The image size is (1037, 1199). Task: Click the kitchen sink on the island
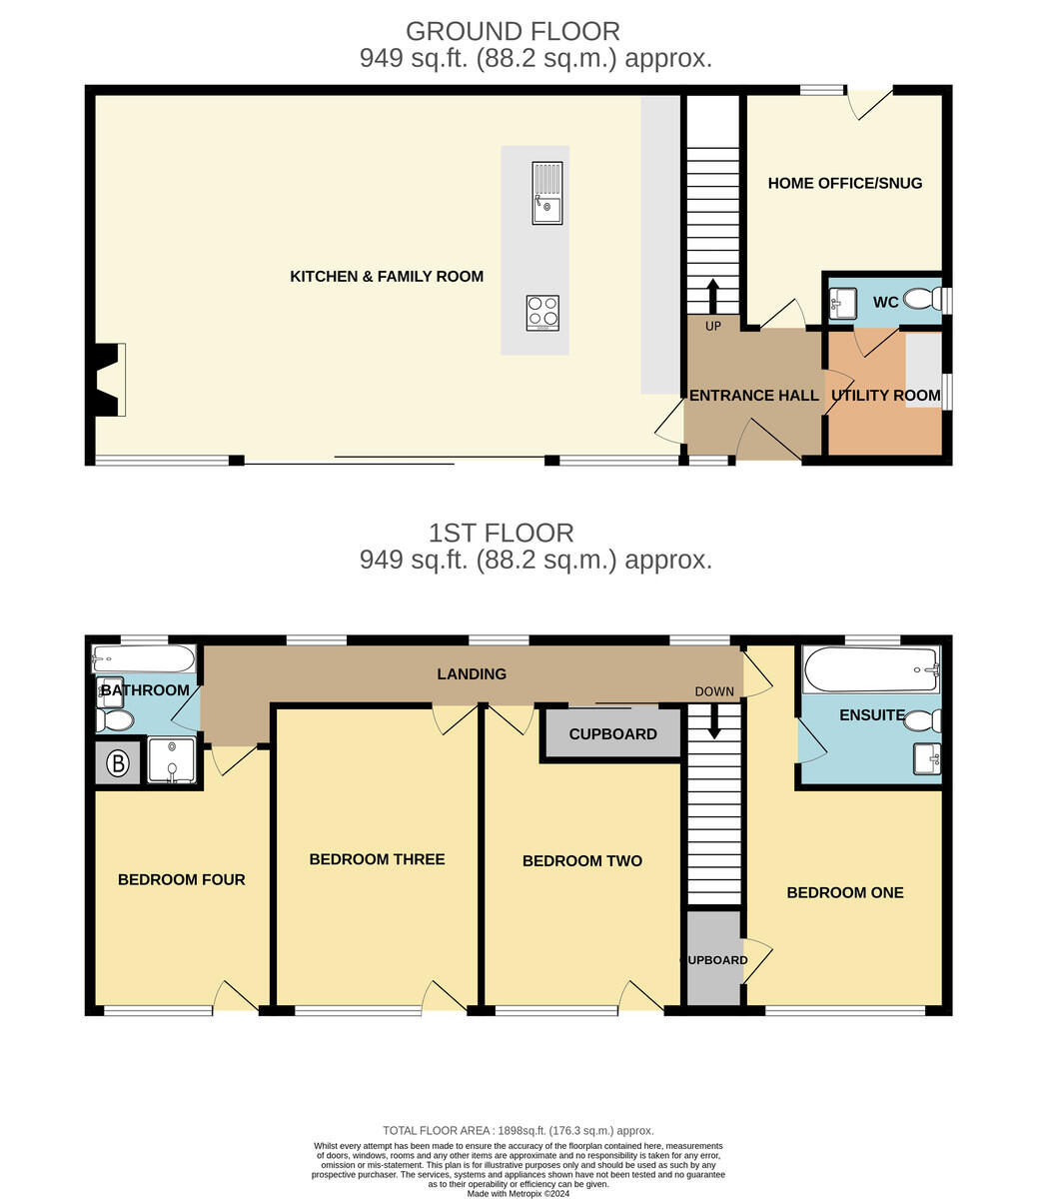point(546,193)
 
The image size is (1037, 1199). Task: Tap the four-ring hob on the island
point(542,313)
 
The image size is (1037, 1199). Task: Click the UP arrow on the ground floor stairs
point(712,296)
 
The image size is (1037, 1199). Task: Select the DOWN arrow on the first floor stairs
point(714,721)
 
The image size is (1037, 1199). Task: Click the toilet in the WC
point(923,300)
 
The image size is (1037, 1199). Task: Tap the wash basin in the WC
point(843,303)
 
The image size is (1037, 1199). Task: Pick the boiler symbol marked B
point(118,762)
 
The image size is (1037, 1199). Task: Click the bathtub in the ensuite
point(871,668)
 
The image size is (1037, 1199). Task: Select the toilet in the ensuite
point(923,720)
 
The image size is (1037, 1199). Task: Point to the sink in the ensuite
point(927,758)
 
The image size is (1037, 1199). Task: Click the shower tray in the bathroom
point(172,760)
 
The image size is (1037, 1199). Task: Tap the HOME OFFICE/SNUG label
point(845,183)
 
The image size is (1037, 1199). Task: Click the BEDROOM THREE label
point(377,859)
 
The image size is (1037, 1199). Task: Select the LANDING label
point(472,673)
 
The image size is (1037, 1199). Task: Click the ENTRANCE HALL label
point(754,395)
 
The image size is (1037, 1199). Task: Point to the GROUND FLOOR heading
point(513,31)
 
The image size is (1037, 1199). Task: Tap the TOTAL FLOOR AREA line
point(518,1130)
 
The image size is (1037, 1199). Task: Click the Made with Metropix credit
point(518,1194)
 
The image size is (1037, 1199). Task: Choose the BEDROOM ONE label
point(845,892)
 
